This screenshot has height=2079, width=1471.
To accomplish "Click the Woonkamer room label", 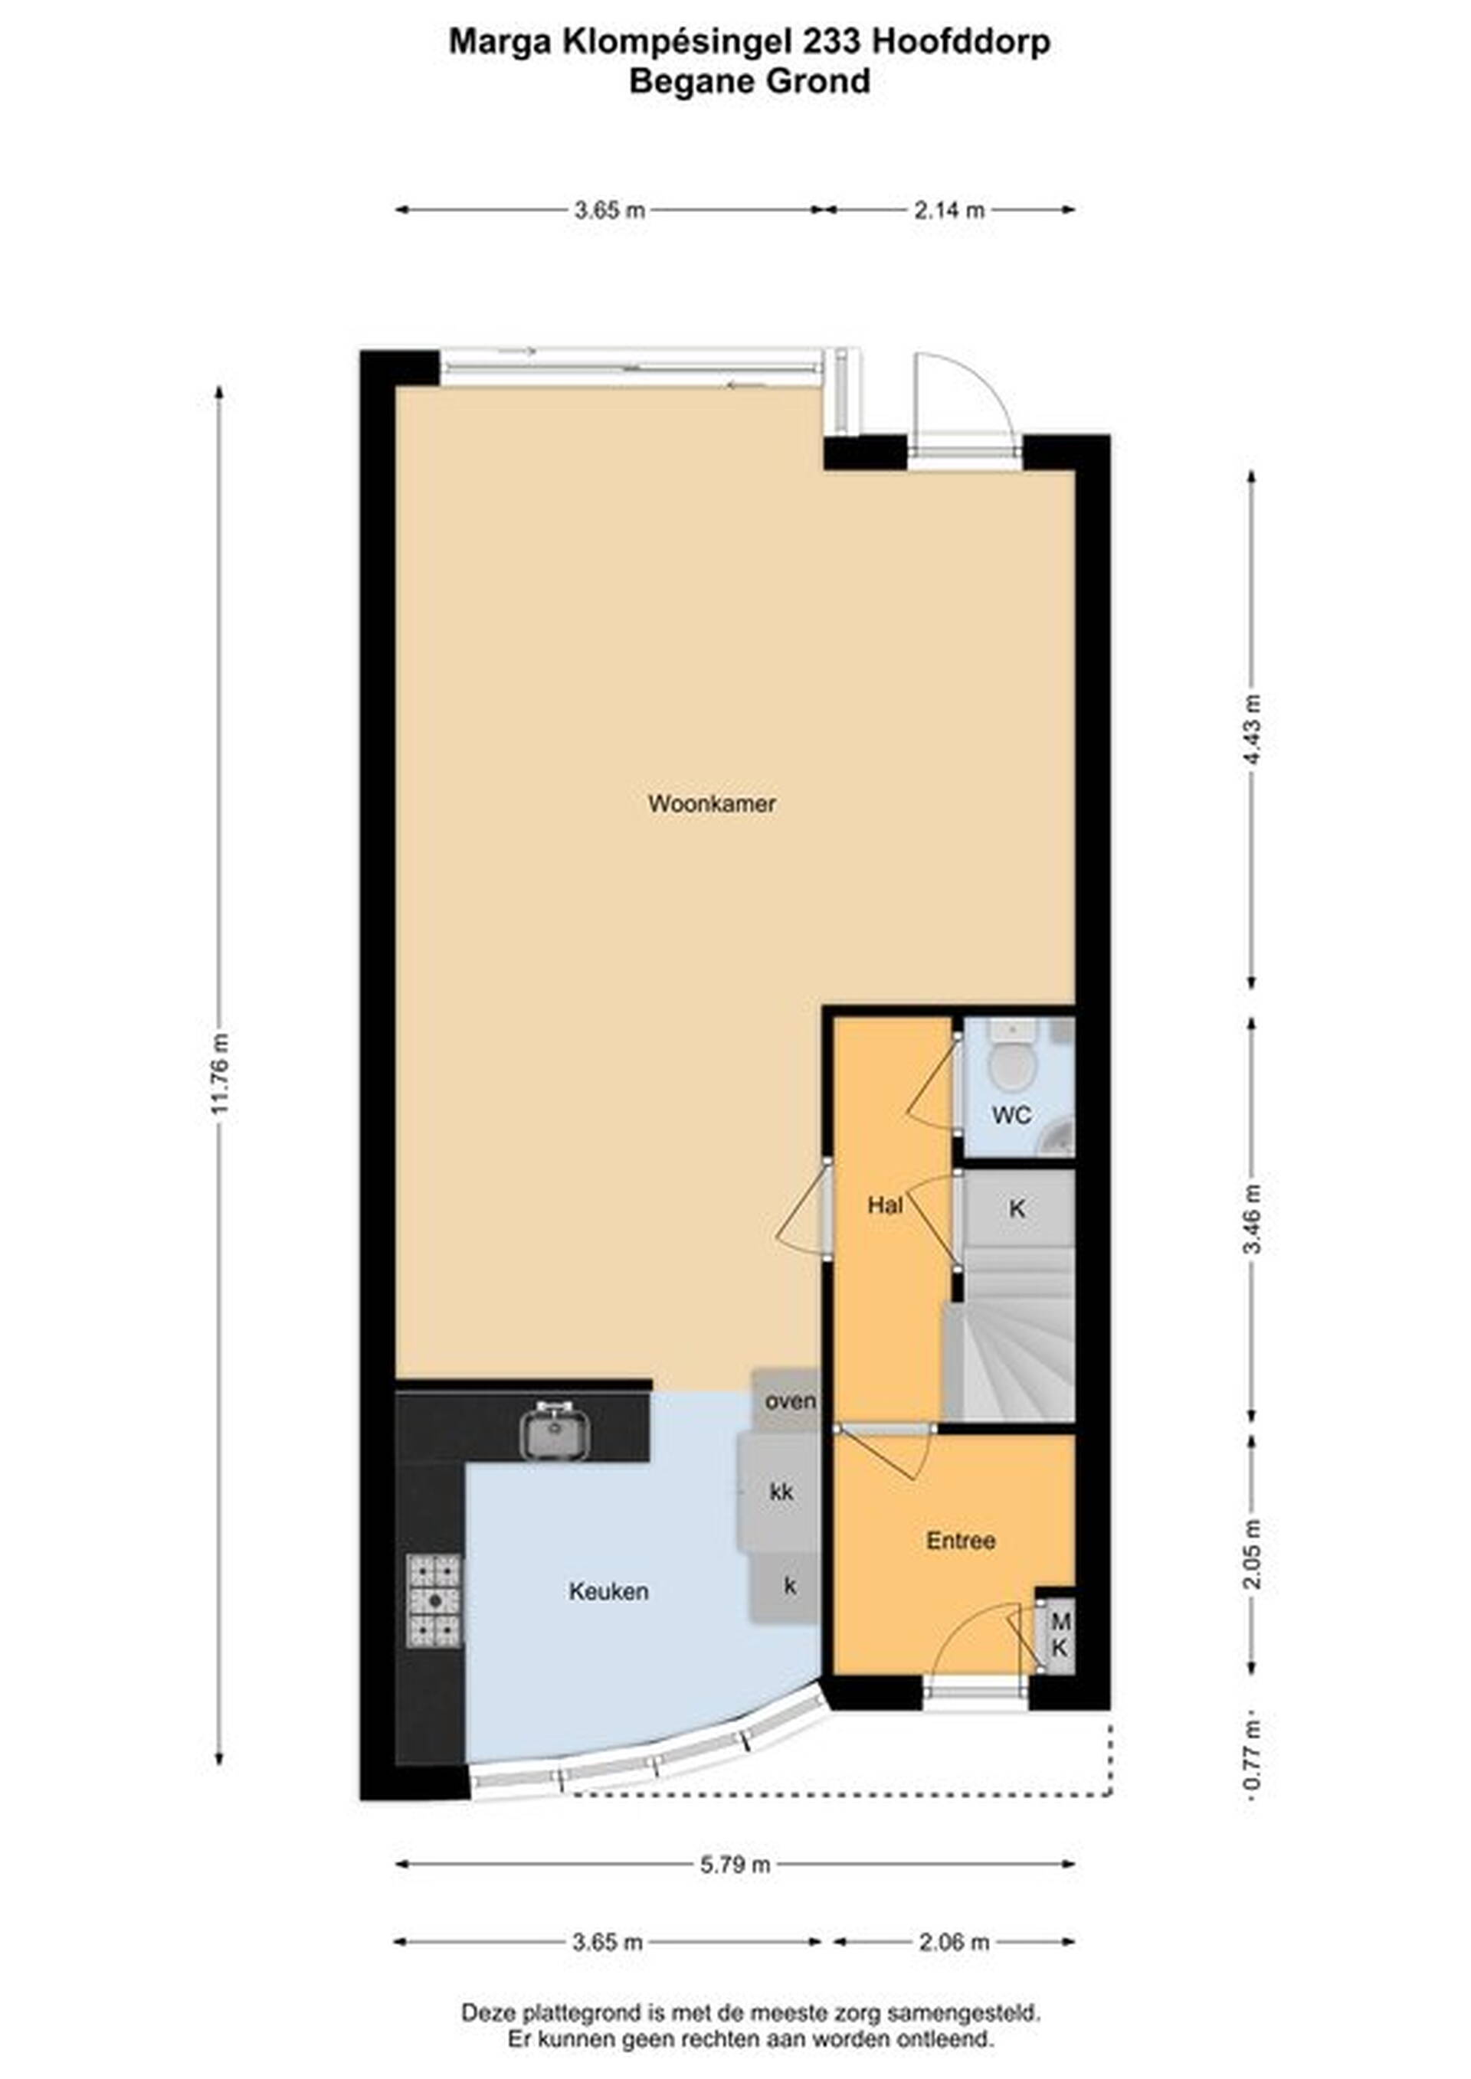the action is coord(712,803).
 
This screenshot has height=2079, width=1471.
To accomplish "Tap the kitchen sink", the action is coord(555,1430).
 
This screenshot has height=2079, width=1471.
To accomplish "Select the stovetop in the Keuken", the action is coord(434,1599).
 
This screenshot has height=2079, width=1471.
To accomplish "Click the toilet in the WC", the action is coord(1011,1061).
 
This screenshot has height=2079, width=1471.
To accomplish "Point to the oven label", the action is coord(790,1401).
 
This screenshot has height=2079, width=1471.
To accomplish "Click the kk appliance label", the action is coord(781,1490).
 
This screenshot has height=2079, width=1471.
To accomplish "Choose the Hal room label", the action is coord(885,1205).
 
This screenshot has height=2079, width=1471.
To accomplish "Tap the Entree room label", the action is coord(960,1539).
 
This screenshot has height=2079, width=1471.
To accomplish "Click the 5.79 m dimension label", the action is coord(735,1864).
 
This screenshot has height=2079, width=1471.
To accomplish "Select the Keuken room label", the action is coord(608,1590).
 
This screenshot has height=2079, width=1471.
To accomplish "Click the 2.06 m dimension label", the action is coord(954,1941).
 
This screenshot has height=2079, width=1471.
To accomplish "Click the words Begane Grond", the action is coord(749,81).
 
